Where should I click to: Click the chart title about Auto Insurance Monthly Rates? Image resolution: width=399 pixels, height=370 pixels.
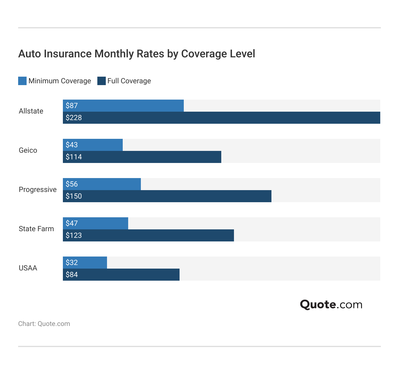point(137,54)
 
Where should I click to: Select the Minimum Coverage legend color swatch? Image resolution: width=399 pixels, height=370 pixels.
point(22,81)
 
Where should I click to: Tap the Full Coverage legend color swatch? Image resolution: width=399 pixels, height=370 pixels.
point(102,81)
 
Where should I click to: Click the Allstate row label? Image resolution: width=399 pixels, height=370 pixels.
point(31,111)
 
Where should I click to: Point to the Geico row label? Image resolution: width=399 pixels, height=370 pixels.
point(28,150)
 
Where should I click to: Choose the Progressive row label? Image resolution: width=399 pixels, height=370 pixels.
point(37,190)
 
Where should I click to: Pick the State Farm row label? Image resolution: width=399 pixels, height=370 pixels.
point(36,229)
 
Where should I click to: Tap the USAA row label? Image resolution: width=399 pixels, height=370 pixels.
point(28,268)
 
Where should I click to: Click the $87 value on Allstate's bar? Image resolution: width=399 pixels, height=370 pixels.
point(72,106)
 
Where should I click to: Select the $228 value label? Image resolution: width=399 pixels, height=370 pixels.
point(74,118)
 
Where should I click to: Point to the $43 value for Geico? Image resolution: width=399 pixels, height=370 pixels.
point(72,145)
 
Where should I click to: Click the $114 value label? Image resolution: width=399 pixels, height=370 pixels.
point(74,157)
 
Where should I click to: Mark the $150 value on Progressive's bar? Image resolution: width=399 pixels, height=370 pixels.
point(74,196)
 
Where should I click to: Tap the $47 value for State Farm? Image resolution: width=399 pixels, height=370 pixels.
point(72,223)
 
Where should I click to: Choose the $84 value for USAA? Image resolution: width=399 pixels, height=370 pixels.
point(72,275)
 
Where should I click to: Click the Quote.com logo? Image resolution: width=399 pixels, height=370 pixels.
point(331,305)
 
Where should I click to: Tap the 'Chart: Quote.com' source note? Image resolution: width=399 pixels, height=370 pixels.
point(44,324)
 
